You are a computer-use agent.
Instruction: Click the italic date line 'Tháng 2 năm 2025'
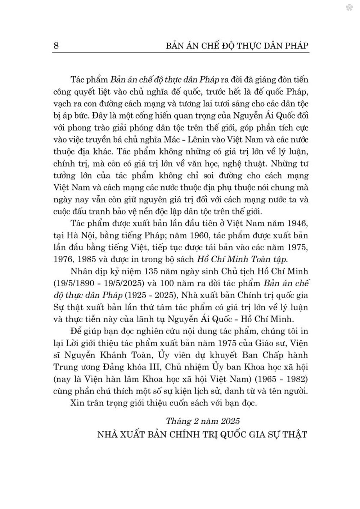[x=203, y=421]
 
